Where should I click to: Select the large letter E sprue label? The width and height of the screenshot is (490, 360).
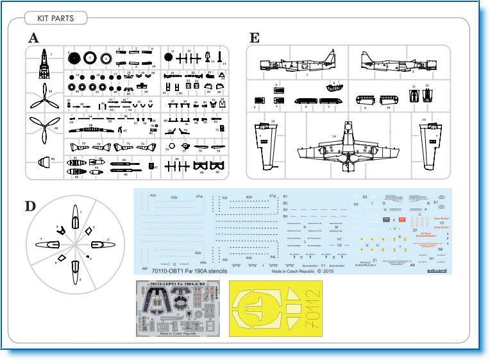click(255, 38)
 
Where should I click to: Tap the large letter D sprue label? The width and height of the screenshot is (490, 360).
click(31, 207)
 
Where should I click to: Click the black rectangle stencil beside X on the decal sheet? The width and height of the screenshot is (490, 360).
click(386, 219)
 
